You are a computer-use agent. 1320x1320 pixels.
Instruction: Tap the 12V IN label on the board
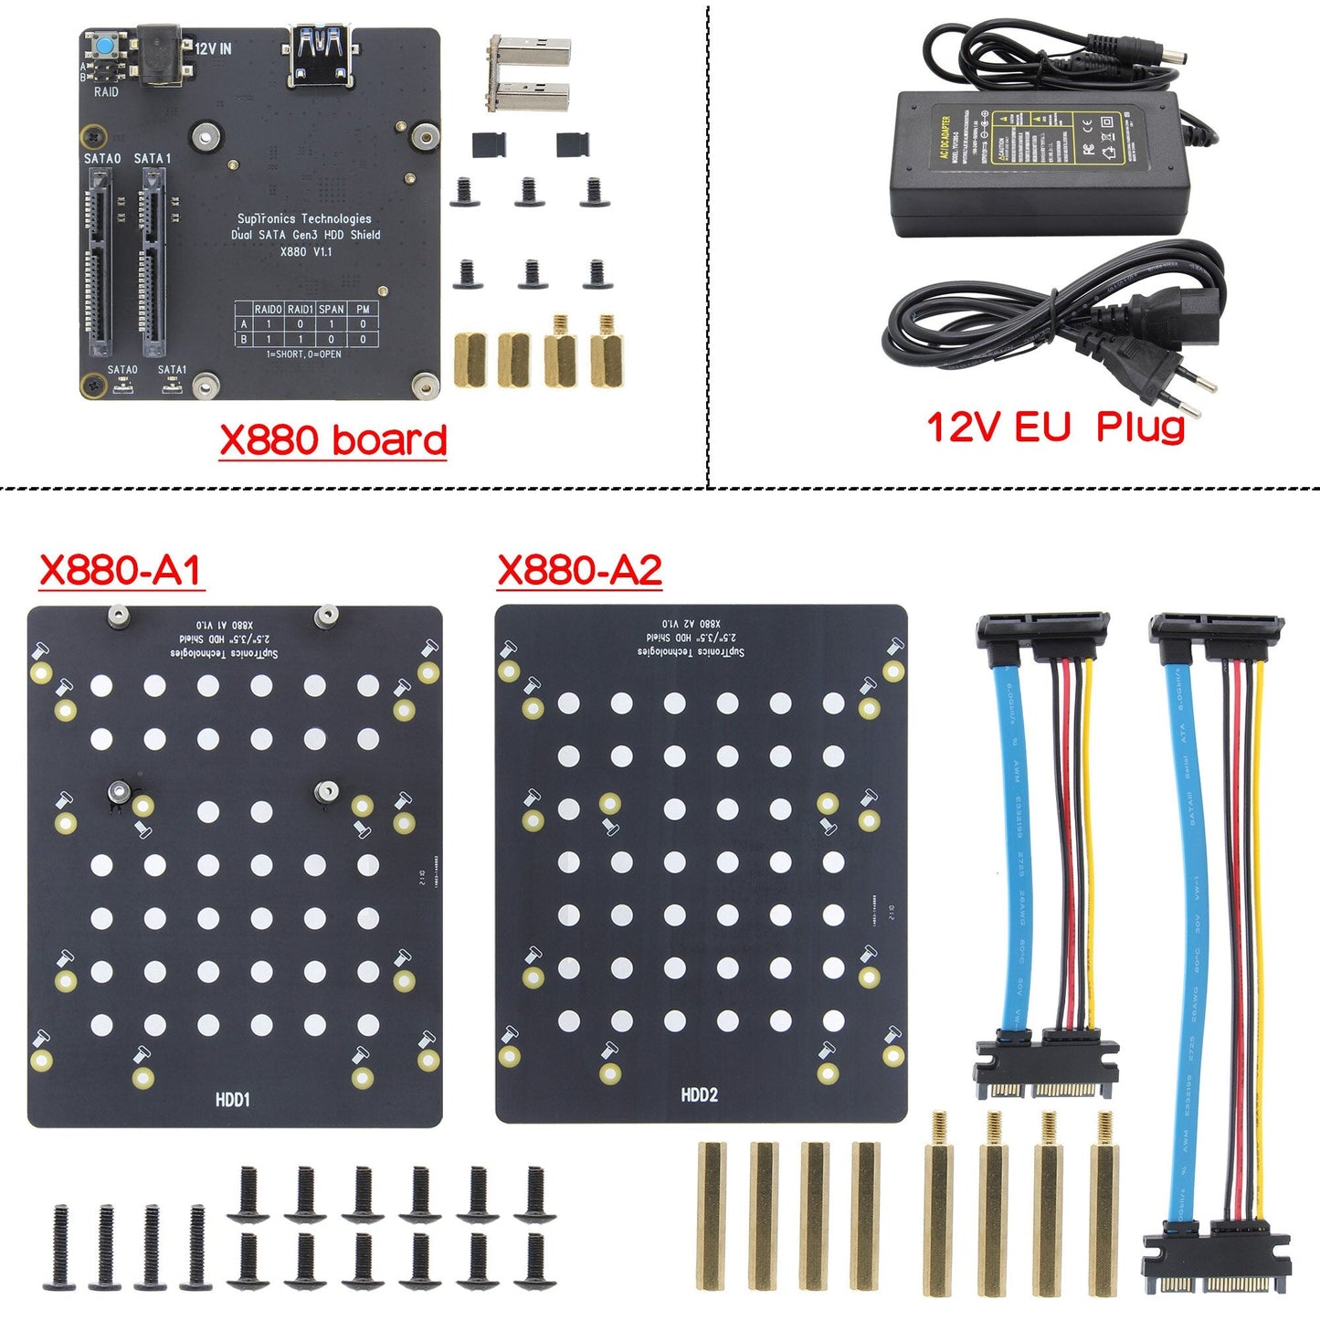click(213, 48)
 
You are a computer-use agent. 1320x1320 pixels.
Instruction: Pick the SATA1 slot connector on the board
click(153, 263)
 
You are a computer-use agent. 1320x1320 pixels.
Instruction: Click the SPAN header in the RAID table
click(331, 309)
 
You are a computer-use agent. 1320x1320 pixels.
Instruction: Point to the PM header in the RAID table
click(363, 309)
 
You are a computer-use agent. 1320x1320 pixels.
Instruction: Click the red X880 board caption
click(333, 440)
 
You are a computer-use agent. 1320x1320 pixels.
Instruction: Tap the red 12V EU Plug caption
click(1055, 427)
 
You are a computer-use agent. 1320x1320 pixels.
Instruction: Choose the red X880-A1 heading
click(120, 570)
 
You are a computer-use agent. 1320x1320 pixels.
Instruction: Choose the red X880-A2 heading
click(579, 570)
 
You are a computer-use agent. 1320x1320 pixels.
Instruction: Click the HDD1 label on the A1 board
click(232, 1100)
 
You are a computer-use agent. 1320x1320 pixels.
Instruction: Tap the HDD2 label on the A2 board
click(699, 1094)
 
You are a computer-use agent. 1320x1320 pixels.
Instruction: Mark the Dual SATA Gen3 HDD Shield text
click(305, 235)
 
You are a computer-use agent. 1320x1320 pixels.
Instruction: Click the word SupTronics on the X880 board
click(263, 218)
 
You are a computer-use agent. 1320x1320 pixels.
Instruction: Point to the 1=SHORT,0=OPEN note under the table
click(303, 354)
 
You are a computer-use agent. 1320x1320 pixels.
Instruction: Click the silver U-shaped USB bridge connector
click(529, 73)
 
